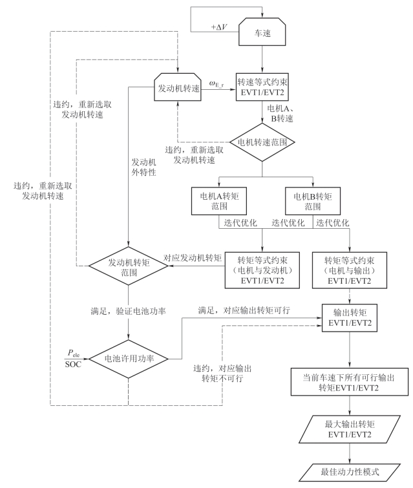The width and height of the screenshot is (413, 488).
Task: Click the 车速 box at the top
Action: (x=262, y=30)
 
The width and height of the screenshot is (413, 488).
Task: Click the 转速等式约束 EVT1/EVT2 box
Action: (x=262, y=87)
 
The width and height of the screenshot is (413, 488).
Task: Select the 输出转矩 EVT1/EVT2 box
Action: (x=350, y=318)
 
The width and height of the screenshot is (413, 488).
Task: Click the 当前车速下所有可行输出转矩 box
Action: (x=350, y=380)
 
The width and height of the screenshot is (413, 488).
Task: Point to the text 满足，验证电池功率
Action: (x=130, y=312)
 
